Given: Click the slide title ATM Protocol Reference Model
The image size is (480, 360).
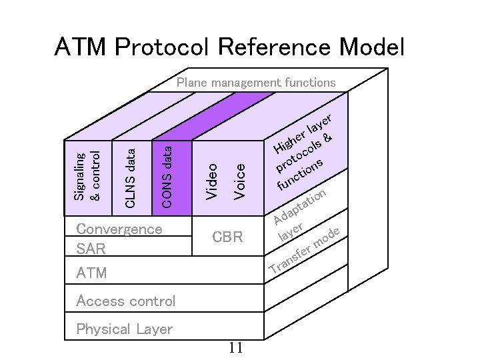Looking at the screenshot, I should point(229,47).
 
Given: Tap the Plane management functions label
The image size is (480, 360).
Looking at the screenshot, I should point(255,83).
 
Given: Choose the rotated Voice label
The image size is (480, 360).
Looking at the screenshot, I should point(240,181).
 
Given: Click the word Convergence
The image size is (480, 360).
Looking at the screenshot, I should point(119,229).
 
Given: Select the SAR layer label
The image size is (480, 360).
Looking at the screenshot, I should point(91,249).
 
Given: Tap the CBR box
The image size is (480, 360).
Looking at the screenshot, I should point(227,237).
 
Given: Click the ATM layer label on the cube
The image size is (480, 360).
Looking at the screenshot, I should point(91,273).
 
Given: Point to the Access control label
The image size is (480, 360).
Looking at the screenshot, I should point(126,301).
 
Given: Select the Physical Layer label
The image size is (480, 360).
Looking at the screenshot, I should point(124,329).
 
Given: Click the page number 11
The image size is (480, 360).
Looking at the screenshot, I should point(235,348).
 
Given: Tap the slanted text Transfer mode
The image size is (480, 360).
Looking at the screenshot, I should point(306,252).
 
